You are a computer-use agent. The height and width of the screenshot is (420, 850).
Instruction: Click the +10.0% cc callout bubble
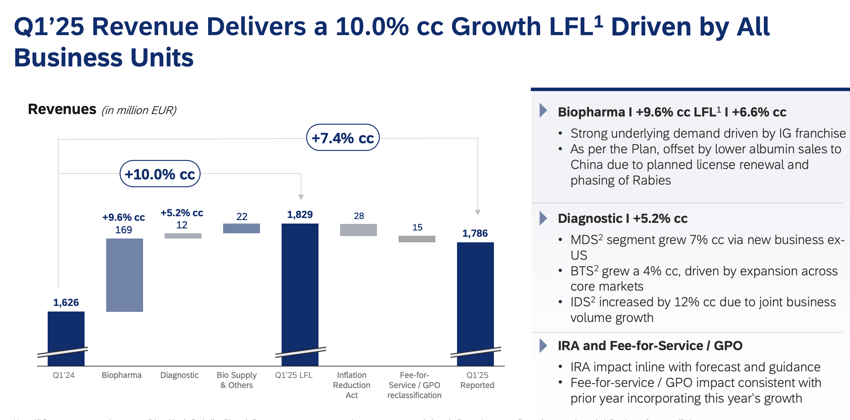tap(160, 174)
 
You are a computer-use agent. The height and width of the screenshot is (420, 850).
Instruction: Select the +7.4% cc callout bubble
tap(343, 138)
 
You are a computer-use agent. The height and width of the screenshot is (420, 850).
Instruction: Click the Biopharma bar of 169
tap(124, 275)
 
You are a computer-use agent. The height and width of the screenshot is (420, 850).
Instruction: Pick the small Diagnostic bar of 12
tap(183, 236)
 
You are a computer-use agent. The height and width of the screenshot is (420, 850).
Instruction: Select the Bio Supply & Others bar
tap(241, 228)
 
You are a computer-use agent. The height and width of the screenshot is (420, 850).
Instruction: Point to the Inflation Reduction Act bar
tap(358, 230)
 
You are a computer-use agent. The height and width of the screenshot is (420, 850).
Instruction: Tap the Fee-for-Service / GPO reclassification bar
tap(417, 239)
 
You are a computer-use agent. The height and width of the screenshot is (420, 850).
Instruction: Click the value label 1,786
tap(475, 233)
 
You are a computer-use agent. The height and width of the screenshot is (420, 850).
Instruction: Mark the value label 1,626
tap(66, 302)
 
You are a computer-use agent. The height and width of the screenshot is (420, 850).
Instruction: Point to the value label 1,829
tap(300, 215)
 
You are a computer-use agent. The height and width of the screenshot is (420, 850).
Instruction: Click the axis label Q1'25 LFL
tap(293, 375)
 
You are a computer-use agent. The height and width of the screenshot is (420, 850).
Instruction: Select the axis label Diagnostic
tap(179, 375)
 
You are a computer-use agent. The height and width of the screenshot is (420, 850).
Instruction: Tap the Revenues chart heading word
tap(62, 109)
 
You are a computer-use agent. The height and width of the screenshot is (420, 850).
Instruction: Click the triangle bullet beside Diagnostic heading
tap(543, 218)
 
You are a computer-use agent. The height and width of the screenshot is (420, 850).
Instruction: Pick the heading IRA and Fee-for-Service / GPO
tap(650, 346)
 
